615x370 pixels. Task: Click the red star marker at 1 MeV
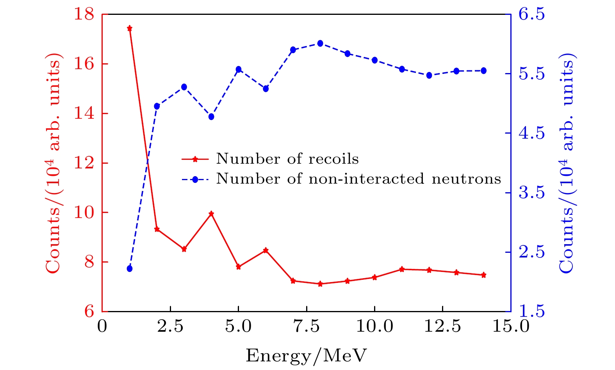coord(130,28)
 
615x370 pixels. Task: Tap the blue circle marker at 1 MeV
coord(130,268)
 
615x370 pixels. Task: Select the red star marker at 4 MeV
coord(211,214)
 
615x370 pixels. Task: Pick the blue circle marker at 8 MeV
coord(320,43)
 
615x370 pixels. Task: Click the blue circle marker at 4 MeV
coord(211,117)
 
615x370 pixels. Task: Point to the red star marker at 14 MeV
coord(483,275)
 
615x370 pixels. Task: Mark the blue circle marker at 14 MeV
coord(483,71)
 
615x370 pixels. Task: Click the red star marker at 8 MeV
coord(320,284)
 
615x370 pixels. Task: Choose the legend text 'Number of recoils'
coord(287,159)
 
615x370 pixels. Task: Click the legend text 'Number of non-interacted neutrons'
coord(358,179)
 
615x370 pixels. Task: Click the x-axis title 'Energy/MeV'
coord(307,356)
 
